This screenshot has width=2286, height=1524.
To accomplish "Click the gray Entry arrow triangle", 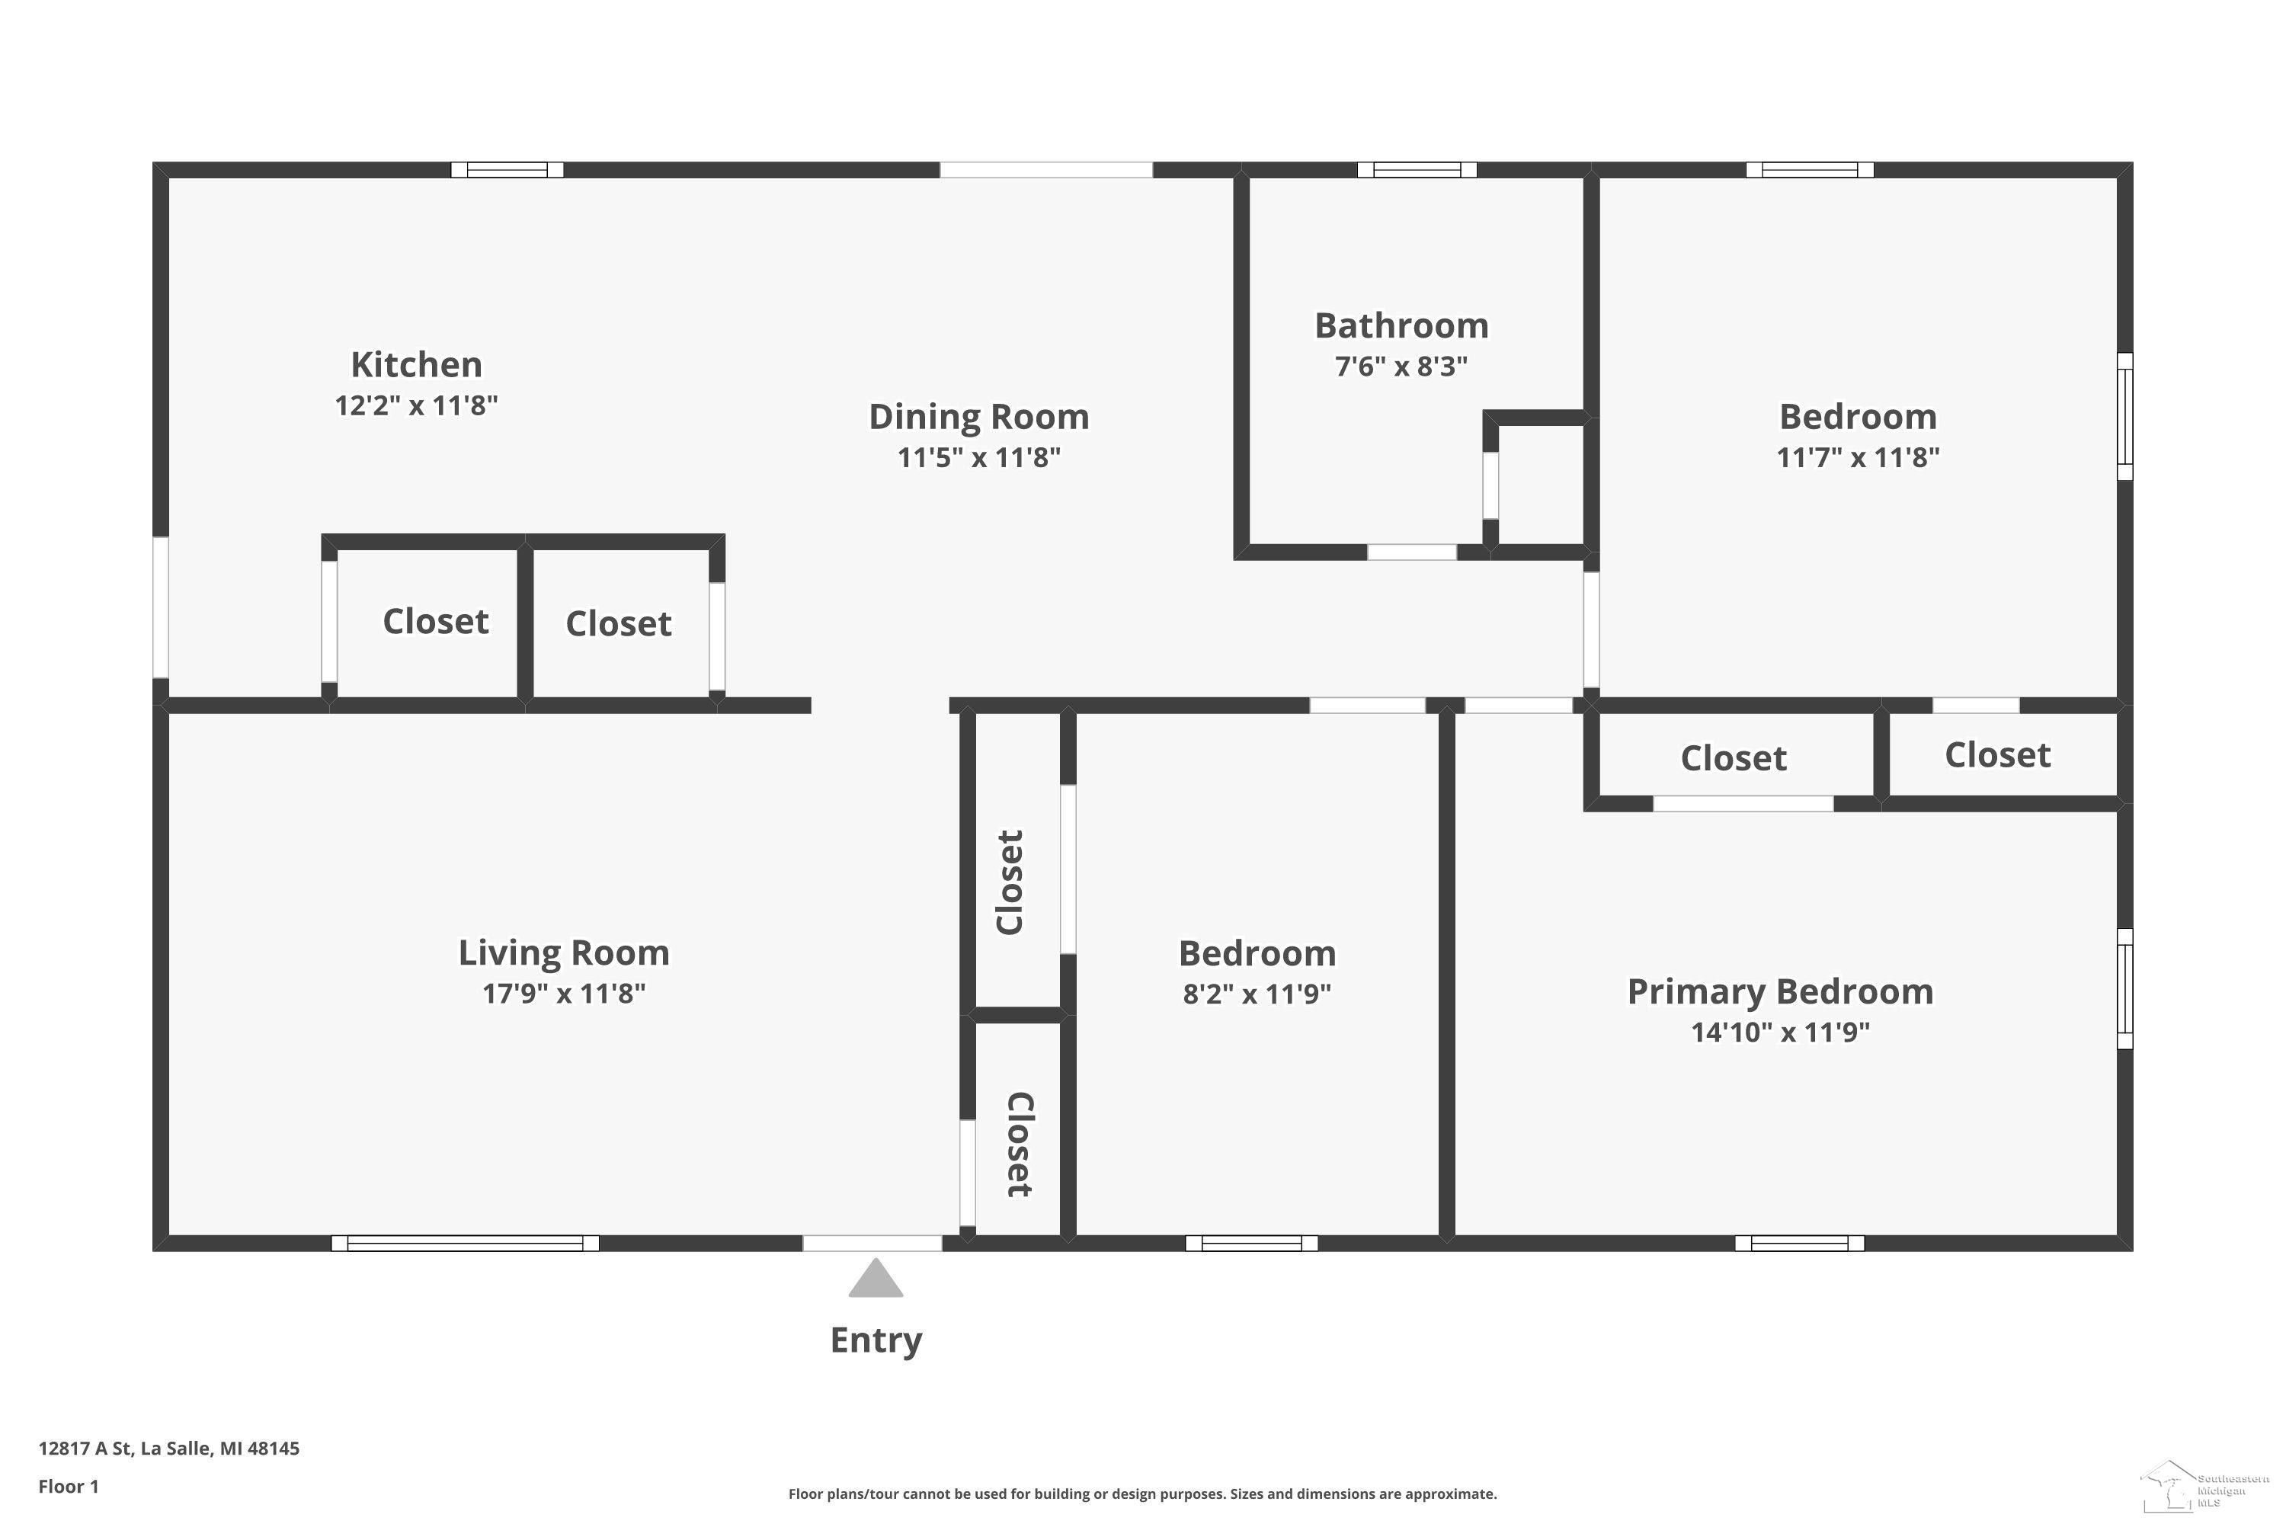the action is pos(876,1279).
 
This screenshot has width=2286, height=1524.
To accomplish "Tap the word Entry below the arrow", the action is pos(876,1340).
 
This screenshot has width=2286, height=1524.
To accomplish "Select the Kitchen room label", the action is pos(416,364).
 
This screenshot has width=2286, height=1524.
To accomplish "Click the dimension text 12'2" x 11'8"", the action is pos(416,405).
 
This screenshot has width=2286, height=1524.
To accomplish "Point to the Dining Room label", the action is pos(978,417).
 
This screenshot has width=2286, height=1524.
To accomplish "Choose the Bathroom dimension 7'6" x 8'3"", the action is pos(1401,367).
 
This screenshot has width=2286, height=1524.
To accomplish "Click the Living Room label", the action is pos(564,953).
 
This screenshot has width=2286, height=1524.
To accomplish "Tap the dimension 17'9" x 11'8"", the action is pos(564,994).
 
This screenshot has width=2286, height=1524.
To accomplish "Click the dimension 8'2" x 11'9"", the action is pos(1257,994).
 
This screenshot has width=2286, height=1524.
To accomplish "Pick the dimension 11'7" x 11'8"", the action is pos(1858,456).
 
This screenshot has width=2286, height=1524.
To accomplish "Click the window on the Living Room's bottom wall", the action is pos(465,1243).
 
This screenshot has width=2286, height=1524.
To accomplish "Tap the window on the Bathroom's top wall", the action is pos(1416,170).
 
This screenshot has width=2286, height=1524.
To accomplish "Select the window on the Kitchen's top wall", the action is pos(507,170).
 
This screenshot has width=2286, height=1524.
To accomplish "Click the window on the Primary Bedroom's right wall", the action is pos(2126,988).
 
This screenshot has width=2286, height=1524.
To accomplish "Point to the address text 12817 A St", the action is pos(85,1449).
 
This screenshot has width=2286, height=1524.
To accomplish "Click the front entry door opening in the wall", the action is pos(872,1243).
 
